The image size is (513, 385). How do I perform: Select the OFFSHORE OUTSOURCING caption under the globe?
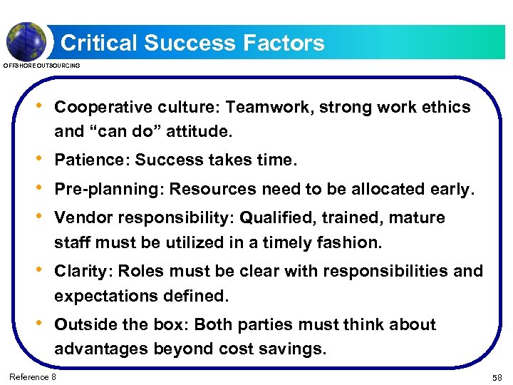[42, 66]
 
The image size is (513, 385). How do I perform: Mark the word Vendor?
[81, 217]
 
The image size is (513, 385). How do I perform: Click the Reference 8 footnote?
[33, 376]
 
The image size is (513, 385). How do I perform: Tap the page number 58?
[497, 376]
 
